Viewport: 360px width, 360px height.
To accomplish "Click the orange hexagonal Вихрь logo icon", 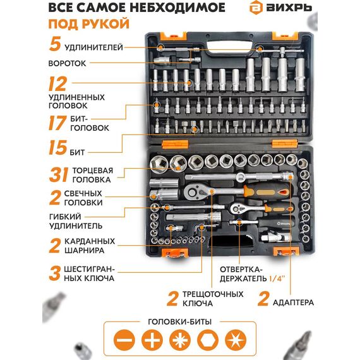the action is [256, 8].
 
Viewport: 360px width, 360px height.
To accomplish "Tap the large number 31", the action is [59, 175].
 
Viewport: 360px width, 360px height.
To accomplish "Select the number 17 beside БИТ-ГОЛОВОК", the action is [57, 123].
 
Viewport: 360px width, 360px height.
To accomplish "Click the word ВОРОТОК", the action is [68, 63].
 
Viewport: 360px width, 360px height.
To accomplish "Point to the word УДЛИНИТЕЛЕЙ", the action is [93, 47].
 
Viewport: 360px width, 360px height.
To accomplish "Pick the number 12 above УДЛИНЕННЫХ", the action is [57, 84].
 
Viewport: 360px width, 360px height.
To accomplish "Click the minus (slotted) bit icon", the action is [124, 340].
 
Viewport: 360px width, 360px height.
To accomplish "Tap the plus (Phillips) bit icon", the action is [152, 340].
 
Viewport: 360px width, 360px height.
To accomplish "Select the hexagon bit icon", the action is [208, 340].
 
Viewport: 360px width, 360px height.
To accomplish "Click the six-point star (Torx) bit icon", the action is [236, 340].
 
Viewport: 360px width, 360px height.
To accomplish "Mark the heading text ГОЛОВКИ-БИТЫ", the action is [180, 321].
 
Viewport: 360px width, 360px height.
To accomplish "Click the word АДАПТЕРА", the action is [293, 303].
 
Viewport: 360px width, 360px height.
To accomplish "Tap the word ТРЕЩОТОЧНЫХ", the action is [213, 294].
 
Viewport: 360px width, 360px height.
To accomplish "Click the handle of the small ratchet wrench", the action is [279, 208].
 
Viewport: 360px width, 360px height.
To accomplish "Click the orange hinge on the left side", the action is [175, 144].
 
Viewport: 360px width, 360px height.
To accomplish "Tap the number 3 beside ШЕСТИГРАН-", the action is [55, 273].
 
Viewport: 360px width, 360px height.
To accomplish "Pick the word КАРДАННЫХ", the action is [90, 241].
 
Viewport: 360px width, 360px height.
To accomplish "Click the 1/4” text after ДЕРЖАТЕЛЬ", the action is [277, 279].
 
